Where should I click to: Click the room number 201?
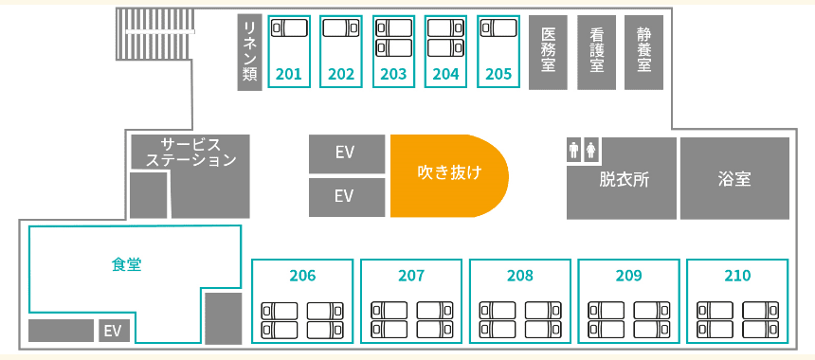[x=289, y=74]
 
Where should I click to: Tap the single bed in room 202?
[x=341, y=27]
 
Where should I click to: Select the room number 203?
[x=393, y=74]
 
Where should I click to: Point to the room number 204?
[x=446, y=74]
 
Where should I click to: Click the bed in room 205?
[x=498, y=27]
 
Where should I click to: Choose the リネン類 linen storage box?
[x=249, y=52]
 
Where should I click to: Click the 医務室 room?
[x=549, y=52]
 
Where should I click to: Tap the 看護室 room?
[x=597, y=52]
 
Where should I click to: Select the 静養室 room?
[x=644, y=52]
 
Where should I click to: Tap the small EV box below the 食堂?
[x=115, y=331]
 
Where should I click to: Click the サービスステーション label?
[x=190, y=152]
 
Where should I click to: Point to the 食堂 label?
[x=126, y=265]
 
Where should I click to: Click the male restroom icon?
[x=574, y=151]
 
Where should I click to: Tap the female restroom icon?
[x=591, y=151]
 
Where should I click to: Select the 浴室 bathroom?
[x=734, y=178]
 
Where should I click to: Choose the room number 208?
[x=520, y=276]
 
